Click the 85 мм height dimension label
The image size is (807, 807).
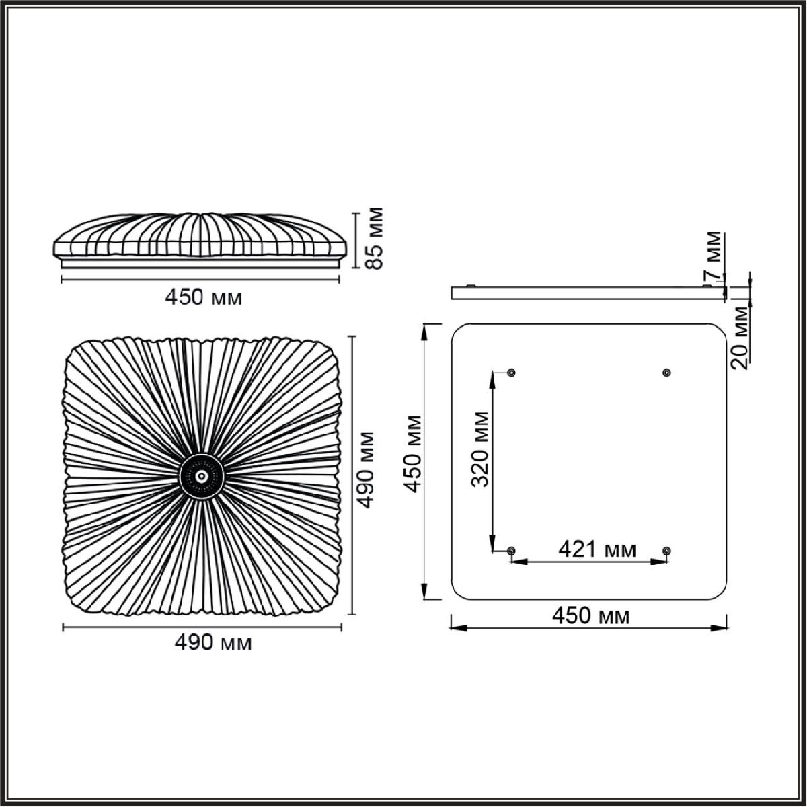click(x=374, y=237)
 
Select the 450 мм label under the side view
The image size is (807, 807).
click(x=204, y=298)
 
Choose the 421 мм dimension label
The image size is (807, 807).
click(x=597, y=550)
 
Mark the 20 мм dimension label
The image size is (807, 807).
click(x=740, y=337)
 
